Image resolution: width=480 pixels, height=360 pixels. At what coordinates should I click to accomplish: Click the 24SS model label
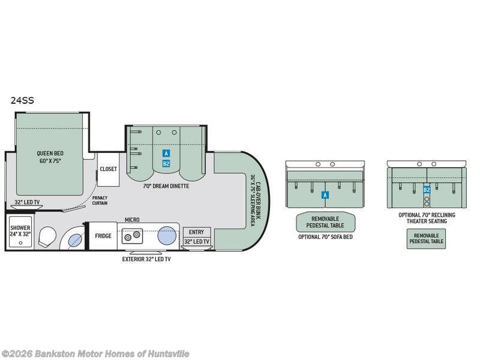tap(22, 101)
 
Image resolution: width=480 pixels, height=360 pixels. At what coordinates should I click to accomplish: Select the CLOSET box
tap(109, 169)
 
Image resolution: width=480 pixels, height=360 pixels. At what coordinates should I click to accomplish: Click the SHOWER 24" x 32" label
tap(20, 232)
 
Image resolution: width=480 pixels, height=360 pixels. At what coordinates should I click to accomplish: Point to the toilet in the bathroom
tap(46, 238)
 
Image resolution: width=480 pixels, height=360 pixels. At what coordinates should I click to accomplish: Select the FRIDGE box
tap(103, 236)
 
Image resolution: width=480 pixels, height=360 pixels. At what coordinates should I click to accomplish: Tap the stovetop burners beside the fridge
tap(132, 236)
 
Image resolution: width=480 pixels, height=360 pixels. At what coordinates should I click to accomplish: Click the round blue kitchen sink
tap(167, 235)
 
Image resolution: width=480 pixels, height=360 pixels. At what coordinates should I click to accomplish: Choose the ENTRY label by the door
tap(196, 232)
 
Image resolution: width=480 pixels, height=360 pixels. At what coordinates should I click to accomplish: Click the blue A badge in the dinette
tap(166, 154)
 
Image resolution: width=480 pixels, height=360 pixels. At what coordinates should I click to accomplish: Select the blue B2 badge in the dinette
tap(166, 163)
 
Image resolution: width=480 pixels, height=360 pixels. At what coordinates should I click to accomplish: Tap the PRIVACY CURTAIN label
tap(100, 200)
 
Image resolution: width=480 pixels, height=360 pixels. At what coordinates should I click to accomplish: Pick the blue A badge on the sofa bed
tap(325, 195)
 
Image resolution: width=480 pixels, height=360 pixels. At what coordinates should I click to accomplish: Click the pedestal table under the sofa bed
tap(325, 222)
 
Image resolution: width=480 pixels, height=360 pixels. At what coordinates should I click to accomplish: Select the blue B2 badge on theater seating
tap(427, 190)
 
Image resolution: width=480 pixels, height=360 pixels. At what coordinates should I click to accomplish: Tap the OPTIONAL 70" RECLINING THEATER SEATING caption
tap(427, 218)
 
